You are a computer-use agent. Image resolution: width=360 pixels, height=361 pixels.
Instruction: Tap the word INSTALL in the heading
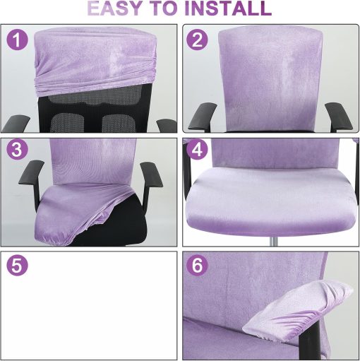click(226, 9)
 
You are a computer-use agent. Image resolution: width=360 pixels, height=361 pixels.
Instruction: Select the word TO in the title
click(167, 9)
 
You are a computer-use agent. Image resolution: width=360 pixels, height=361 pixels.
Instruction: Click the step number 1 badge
click(18, 40)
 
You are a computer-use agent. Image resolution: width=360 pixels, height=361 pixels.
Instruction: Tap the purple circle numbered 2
click(197, 40)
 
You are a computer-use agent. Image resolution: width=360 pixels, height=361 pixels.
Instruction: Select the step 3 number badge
click(18, 150)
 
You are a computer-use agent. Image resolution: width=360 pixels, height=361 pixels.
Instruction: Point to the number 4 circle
click(197, 150)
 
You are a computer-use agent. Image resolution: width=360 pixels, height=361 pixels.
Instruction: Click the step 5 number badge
click(18, 266)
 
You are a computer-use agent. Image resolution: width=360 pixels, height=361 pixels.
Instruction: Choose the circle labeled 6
click(197, 266)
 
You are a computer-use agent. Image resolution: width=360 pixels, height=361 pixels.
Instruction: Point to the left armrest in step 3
click(32, 177)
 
